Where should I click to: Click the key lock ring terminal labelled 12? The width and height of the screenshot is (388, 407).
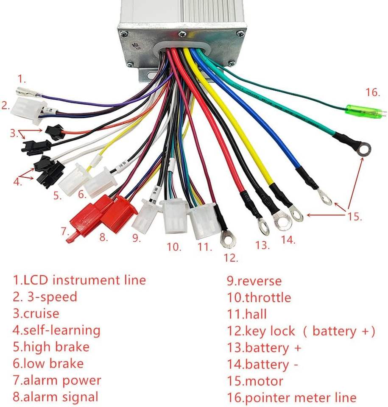click(227, 240)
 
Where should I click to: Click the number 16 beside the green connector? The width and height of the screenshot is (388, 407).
click(371, 92)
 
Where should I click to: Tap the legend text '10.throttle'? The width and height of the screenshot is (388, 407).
click(259, 297)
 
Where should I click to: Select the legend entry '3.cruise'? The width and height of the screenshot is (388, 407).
click(36, 314)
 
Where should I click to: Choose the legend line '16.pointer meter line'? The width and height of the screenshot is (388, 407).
click(292, 398)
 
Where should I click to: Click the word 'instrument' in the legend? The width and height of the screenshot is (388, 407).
click(100, 280)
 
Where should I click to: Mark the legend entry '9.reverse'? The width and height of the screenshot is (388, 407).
click(254, 281)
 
